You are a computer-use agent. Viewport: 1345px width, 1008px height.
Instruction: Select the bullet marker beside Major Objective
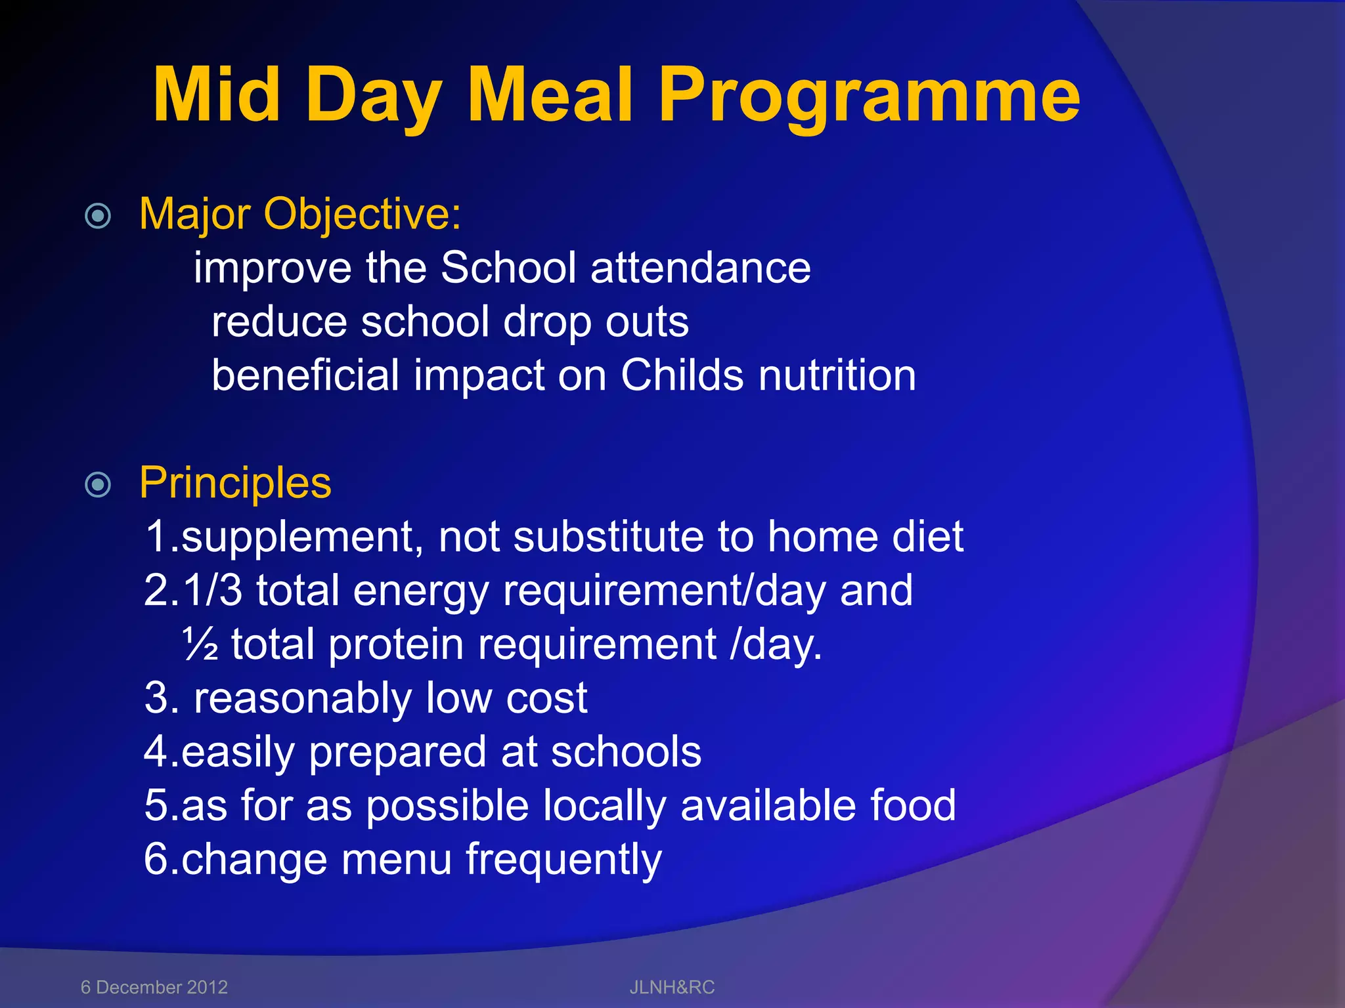coord(99,215)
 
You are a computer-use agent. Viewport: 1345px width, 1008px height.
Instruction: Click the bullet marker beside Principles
coord(99,485)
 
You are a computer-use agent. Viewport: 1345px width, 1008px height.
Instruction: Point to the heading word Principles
coord(235,484)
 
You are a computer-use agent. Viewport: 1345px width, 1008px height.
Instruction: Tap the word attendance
coord(700,268)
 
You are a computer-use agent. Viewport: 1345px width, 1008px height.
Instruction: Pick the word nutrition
coord(837,375)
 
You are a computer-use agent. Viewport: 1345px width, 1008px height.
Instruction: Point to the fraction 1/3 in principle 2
coord(213,590)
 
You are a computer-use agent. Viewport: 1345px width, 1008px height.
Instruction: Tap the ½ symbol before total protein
coord(199,644)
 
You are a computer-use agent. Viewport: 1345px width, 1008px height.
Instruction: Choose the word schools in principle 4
coord(626,751)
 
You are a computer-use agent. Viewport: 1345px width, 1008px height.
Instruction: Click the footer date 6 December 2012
coord(154,987)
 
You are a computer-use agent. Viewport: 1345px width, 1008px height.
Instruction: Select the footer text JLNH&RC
coord(672,987)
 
